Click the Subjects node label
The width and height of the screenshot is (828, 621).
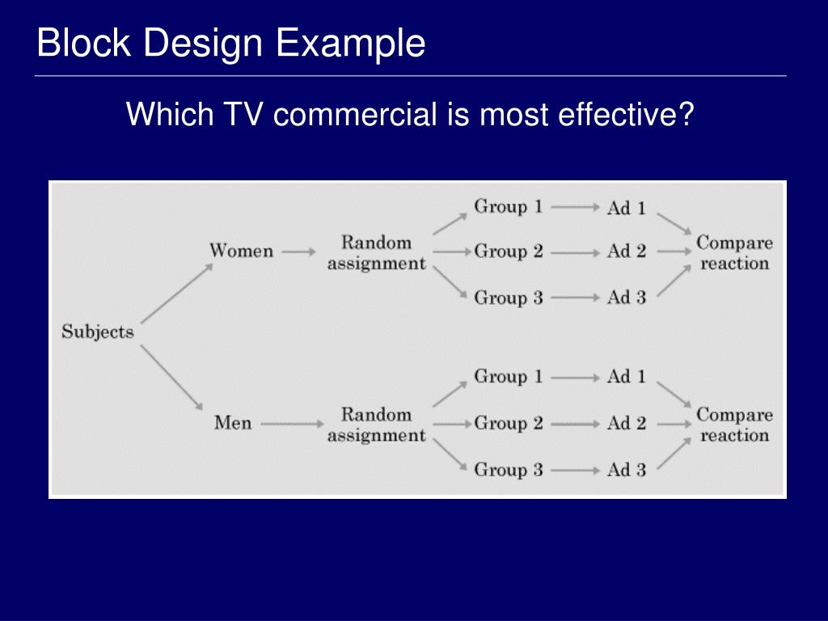98,332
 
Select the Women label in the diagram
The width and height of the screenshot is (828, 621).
241,251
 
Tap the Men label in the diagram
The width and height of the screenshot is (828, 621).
233,422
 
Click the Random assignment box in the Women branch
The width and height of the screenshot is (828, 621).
376,252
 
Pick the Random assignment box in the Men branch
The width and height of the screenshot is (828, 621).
376,425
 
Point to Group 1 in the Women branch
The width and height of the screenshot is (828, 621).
508,207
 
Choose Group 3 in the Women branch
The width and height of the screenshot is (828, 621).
508,298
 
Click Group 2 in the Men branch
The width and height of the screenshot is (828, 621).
508,423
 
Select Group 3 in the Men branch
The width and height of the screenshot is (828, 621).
508,470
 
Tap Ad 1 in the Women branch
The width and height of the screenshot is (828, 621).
627,208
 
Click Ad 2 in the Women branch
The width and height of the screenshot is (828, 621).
627,251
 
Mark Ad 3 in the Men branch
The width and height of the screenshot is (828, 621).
627,470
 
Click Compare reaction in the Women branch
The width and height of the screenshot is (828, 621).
734,252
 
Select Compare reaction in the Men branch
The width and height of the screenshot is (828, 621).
734,425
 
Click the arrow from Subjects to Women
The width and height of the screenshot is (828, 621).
175,292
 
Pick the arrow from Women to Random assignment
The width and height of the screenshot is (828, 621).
298,251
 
